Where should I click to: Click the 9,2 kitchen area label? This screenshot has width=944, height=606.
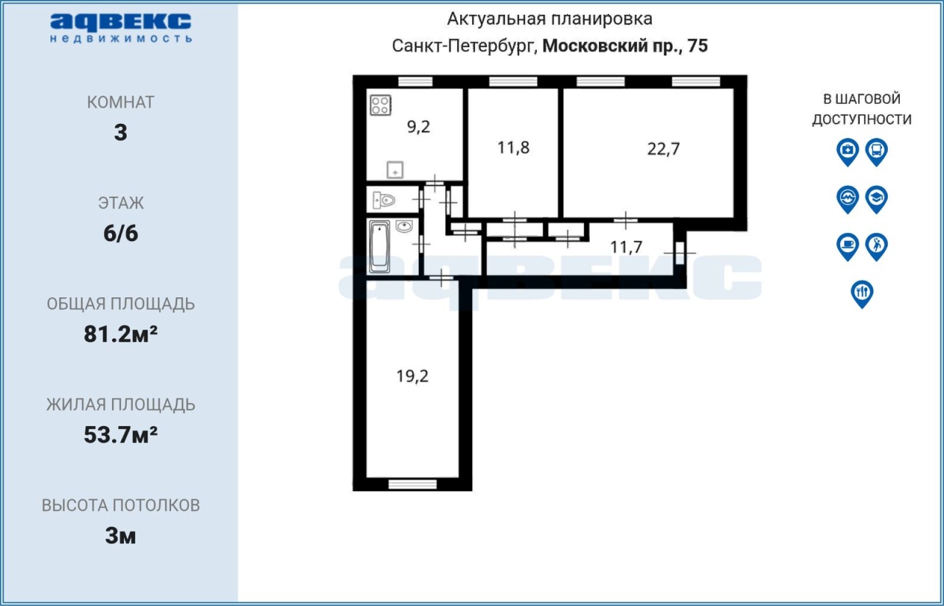point(418,127)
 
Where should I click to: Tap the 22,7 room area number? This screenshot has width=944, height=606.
point(663,149)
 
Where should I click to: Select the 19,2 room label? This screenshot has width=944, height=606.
point(412,376)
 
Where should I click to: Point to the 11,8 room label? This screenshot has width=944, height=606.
point(513,148)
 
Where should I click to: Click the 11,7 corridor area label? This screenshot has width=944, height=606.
point(626,247)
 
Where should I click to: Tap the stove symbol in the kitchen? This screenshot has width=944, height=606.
point(381,105)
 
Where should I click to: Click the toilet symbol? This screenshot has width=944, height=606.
point(384,200)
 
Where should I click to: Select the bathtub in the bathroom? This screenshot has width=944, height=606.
point(379,247)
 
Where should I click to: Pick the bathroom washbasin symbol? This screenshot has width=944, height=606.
point(403,227)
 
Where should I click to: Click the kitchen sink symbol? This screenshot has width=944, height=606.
point(395,170)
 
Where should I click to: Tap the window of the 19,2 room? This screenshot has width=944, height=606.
point(412,484)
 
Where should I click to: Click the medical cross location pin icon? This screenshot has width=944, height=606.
point(847,152)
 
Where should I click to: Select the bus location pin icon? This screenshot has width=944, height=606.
point(877,152)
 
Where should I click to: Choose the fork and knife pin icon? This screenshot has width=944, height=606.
point(862,294)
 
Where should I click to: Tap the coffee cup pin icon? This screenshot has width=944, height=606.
point(847,247)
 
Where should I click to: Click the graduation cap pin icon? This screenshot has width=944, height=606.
point(877,200)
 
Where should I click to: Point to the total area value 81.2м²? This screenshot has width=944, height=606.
point(120,334)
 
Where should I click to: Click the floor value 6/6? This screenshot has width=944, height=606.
point(120,234)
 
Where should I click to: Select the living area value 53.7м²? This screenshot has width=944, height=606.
point(120,435)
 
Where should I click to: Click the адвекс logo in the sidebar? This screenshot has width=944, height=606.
point(120,28)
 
